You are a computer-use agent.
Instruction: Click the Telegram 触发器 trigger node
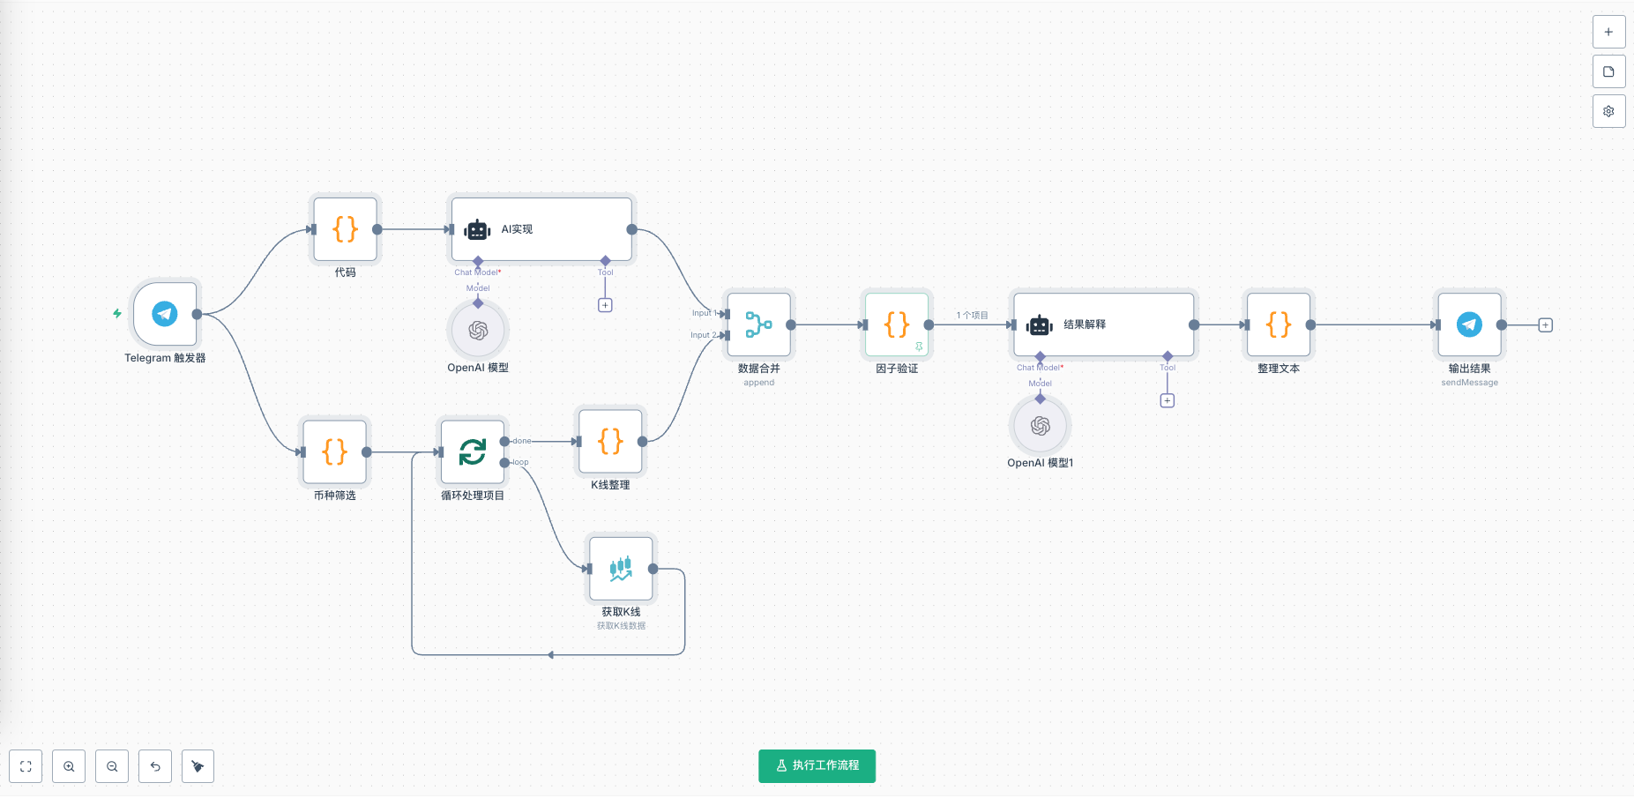click(x=165, y=314)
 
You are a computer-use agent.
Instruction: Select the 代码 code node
click(x=345, y=229)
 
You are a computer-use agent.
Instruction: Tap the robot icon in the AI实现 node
click(x=477, y=229)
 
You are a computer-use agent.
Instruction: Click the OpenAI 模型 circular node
click(x=478, y=331)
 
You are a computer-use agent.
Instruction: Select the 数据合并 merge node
click(x=758, y=324)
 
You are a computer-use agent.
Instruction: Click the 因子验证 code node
click(x=897, y=324)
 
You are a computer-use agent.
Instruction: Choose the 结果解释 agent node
click(x=1103, y=324)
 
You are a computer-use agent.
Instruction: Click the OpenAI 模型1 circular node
click(x=1041, y=426)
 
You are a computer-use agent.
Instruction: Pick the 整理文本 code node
click(x=1279, y=324)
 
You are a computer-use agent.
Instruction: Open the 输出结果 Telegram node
click(x=1469, y=324)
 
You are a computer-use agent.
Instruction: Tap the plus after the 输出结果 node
click(x=1545, y=325)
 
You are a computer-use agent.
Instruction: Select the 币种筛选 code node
click(x=334, y=452)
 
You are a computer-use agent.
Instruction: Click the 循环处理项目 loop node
click(x=473, y=452)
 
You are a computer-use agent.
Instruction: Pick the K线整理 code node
click(x=610, y=442)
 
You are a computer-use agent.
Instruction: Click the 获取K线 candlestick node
click(x=621, y=569)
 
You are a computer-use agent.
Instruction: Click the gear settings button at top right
click(x=1608, y=111)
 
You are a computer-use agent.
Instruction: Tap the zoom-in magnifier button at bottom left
click(x=69, y=766)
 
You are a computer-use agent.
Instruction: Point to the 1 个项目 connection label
click(x=972, y=316)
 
